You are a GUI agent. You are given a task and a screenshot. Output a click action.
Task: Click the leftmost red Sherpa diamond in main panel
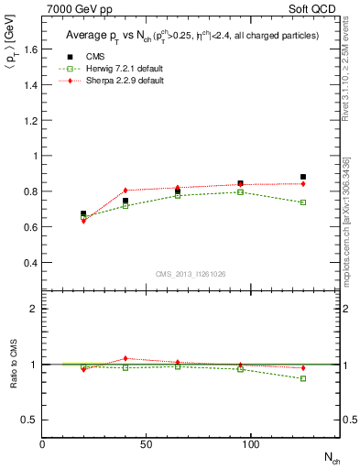click(83, 221)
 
